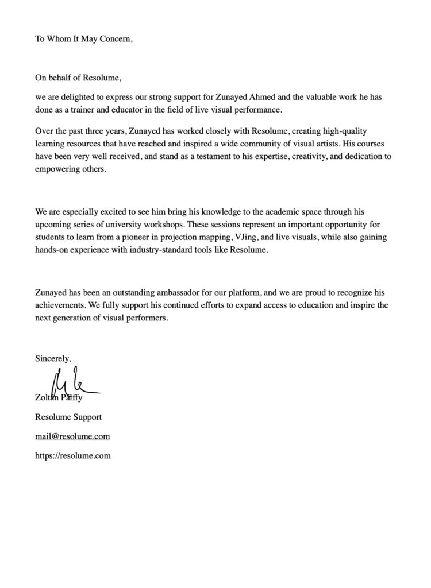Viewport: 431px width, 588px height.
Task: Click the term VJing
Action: click(x=241, y=241)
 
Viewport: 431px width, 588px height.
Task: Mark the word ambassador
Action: click(x=174, y=293)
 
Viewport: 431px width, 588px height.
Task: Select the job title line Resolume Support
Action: click(x=68, y=417)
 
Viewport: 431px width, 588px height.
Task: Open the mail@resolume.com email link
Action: click(x=72, y=436)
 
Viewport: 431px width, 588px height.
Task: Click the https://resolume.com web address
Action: click(x=72, y=456)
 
